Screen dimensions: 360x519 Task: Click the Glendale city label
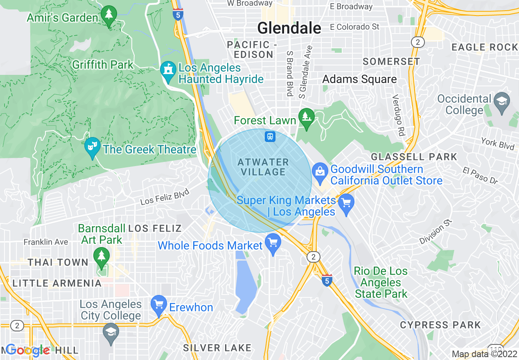289,28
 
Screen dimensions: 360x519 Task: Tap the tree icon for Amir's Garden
109,16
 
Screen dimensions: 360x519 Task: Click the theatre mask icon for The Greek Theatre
93,146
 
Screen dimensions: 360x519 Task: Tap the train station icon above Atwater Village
270,136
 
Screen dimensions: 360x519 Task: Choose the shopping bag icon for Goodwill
320,172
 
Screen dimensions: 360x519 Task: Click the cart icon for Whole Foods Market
273,243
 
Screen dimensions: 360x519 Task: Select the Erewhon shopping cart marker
159,305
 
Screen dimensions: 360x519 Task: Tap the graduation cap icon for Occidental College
501,101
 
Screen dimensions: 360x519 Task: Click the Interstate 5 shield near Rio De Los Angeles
326,280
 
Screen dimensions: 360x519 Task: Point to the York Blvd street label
498,143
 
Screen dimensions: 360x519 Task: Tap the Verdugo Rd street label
396,116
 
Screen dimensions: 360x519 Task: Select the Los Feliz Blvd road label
165,197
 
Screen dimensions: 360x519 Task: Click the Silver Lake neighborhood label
217,348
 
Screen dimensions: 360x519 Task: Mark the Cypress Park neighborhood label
440,325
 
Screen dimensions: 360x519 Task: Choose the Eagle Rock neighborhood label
485,47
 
